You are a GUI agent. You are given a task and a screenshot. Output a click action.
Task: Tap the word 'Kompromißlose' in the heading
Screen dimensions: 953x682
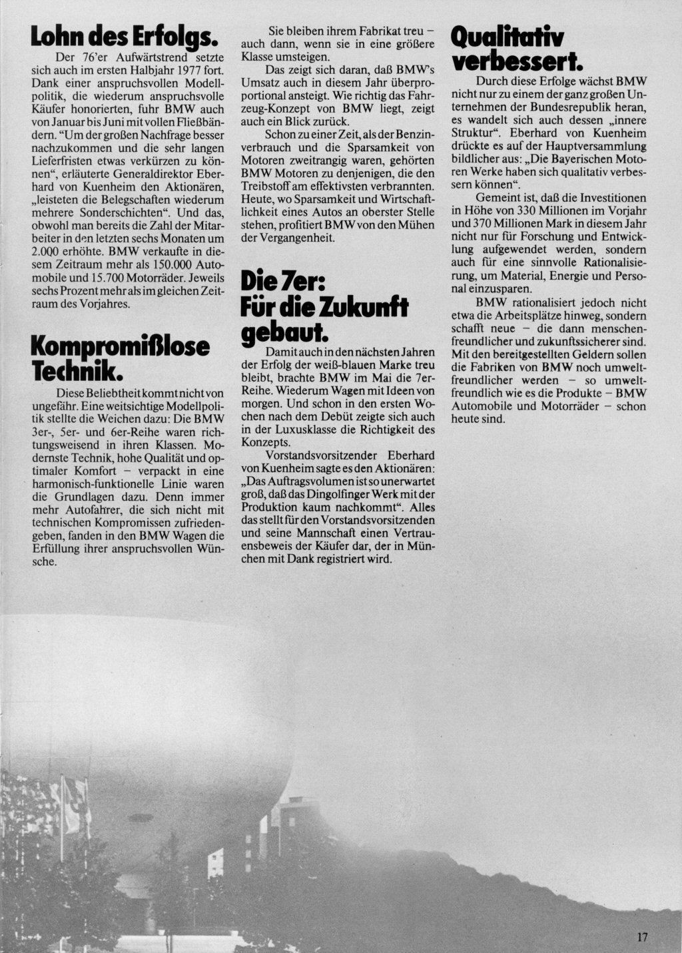pyautogui.click(x=121, y=347)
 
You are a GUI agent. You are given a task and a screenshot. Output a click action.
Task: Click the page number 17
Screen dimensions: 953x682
pyautogui.click(x=642, y=938)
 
